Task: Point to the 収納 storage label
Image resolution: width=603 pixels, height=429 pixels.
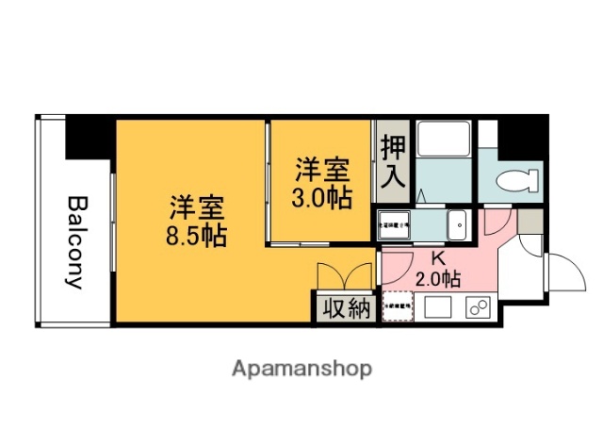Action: (346, 308)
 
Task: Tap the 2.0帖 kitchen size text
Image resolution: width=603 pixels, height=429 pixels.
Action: (438, 279)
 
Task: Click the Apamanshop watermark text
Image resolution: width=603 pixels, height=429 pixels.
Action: (301, 368)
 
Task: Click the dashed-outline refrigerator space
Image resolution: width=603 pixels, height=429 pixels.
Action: (397, 307)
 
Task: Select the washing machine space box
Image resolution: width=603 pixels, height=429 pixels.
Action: (395, 227)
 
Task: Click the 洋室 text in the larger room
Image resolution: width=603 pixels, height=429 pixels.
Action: (197, 206)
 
